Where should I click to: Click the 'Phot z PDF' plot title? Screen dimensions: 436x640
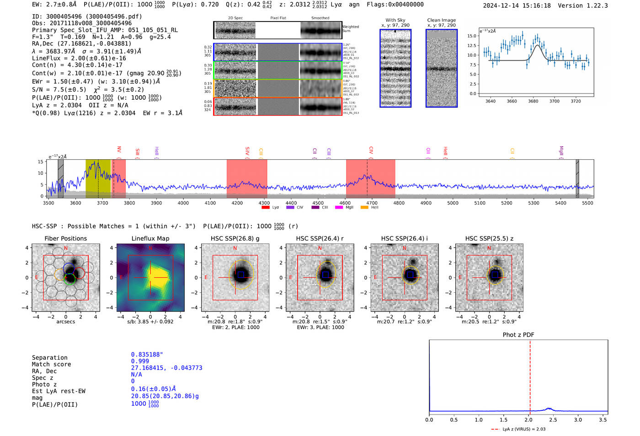(518, 335)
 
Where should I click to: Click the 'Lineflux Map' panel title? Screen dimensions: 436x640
(150, 238)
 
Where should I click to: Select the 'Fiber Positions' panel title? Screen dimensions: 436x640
(66, 238)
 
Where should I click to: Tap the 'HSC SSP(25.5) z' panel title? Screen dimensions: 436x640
(489, 238)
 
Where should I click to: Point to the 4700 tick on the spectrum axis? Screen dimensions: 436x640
(372, 203)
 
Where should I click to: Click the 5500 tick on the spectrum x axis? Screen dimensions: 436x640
(587, 203)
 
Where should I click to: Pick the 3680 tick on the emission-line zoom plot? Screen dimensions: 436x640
(533, 101)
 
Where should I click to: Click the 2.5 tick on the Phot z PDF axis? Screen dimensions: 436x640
(553, 420)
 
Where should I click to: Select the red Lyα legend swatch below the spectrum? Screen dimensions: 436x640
(266, 208)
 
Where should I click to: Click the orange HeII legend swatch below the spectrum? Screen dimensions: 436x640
(364, 208)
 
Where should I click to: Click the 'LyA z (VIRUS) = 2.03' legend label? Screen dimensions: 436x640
(524, 429)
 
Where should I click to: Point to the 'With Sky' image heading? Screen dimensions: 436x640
(395, 20)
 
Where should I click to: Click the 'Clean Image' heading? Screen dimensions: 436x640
(442, 20)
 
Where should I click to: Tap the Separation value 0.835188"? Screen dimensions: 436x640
(147, 355)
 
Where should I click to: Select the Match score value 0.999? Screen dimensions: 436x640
(140, 361)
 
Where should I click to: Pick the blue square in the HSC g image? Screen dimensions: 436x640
(241, 275)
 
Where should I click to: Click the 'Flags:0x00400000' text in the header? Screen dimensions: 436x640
(395, 5)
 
